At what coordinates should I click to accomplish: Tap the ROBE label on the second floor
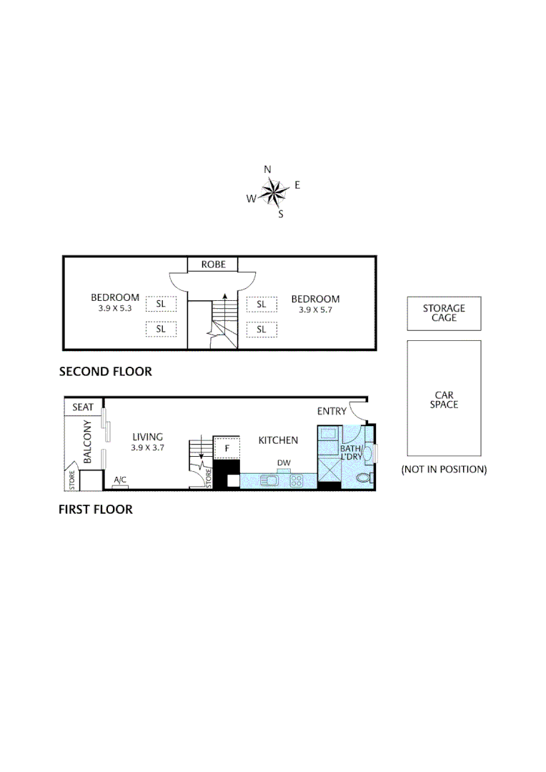213,264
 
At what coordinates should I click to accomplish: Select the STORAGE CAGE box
444,313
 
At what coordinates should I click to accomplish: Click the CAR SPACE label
444,400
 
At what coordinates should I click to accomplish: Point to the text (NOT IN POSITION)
444,470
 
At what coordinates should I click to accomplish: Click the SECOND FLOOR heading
105,372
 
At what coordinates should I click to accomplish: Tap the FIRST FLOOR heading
96,510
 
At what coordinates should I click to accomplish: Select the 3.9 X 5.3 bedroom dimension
114,309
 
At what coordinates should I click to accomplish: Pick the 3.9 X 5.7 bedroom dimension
315,310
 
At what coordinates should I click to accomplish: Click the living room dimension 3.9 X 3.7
148,447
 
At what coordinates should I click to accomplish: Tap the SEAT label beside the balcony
84,407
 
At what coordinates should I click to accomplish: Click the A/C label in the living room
120,480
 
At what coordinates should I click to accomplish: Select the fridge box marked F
227,448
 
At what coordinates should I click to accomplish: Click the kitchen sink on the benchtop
270,480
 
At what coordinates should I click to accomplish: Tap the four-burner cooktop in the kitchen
297,480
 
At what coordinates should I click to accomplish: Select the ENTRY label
332,411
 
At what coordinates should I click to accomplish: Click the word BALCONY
87,442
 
